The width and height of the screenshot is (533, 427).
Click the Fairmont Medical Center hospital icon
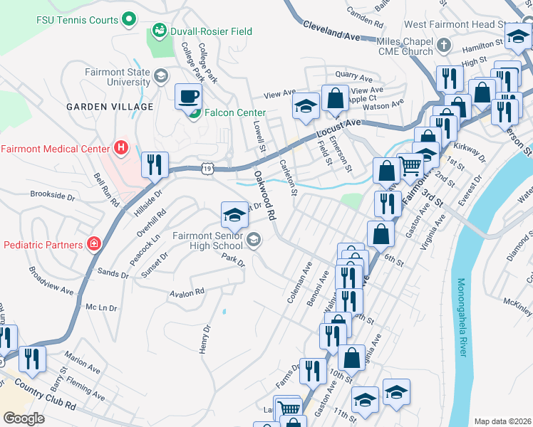tap(121, 149)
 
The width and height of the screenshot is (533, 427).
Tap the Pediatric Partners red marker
tap(93, 245)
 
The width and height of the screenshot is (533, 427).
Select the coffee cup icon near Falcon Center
tap(189, 96)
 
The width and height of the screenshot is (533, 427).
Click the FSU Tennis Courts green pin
tap(129, 19)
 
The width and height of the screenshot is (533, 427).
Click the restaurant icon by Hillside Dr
tap(155, 165)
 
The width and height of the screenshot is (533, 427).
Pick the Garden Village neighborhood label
tap(110, 107)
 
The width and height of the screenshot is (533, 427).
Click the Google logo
tap(24, 418)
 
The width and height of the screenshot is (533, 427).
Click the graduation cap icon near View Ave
tap(305, 106)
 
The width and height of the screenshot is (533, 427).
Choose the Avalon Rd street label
tap(187, 292)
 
